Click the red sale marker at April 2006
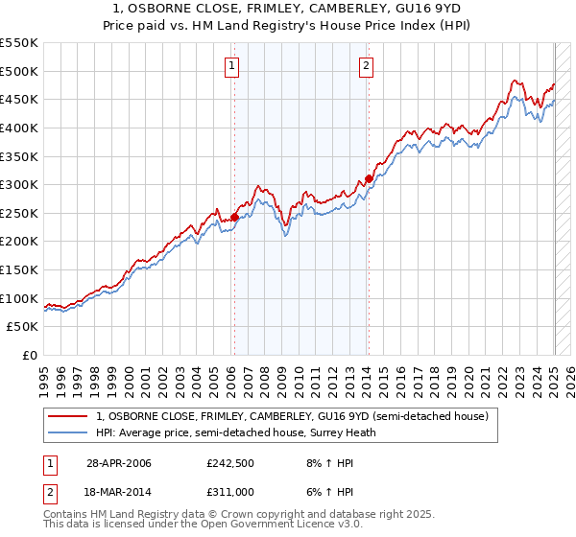pyautogui.click(x=234, y=218)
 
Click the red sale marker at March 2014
pyautogui.click(x=369, y=178)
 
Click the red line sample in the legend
pyautogui.click(x=66, y=416)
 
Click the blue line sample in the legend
pyautogui.click(x=66, y=432)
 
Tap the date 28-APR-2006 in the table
pyautogui.click(x=118, y=463)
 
